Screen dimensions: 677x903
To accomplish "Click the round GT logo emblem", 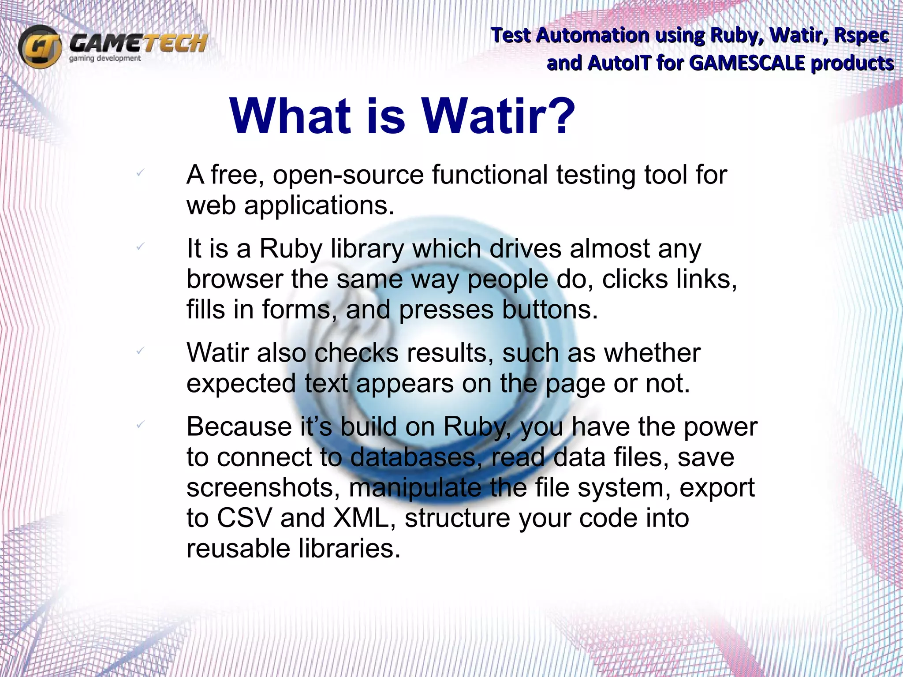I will (x=40, y=46).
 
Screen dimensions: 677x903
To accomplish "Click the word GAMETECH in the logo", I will (x=138, y=43).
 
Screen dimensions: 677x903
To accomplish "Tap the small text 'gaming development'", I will (x=105, y=59).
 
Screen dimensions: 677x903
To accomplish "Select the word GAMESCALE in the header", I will (x=746, y=63).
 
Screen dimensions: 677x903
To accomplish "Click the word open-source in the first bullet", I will (x=348, y=175).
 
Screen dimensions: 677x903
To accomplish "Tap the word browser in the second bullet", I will (x=235, y=280).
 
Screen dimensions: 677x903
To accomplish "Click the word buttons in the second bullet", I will (x=550, y=310).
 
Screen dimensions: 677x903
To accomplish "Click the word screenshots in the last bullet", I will (x=263, y=488).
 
